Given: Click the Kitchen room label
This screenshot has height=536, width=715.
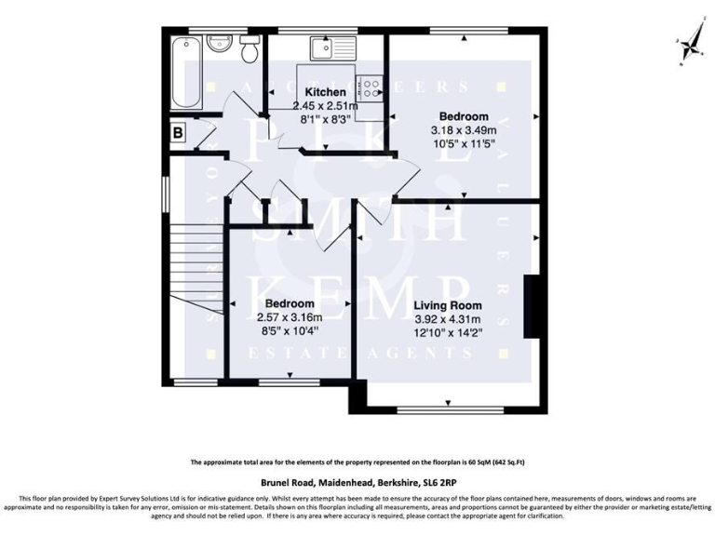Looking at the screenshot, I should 326,93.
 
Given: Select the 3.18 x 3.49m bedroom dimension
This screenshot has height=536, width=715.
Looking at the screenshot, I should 464,130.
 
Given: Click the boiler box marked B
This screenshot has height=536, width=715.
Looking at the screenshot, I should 176,133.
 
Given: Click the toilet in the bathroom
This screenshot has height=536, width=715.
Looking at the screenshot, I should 249,51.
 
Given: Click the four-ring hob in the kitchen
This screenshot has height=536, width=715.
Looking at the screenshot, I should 371,86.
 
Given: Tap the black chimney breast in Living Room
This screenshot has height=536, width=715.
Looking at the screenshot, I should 532,302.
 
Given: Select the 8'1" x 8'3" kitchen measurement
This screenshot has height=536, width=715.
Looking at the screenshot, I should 326,119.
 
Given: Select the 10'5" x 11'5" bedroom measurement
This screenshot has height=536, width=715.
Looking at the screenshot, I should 464,144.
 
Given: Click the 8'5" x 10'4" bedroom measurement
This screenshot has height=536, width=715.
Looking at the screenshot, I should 289,330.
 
